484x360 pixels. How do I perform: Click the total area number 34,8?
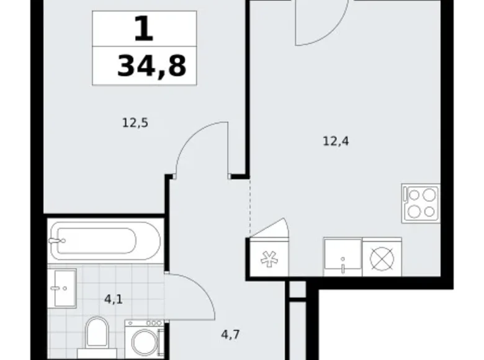click(x=151, y=65)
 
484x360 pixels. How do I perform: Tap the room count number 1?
click(x=143, y=29)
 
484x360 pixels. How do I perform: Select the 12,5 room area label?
click(x=135, y=123)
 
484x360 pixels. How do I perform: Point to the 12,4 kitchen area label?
click(x=336, y=141)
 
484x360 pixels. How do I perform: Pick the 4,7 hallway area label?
click(x=230, y=335)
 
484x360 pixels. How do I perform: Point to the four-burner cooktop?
click(x=420, y=203)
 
